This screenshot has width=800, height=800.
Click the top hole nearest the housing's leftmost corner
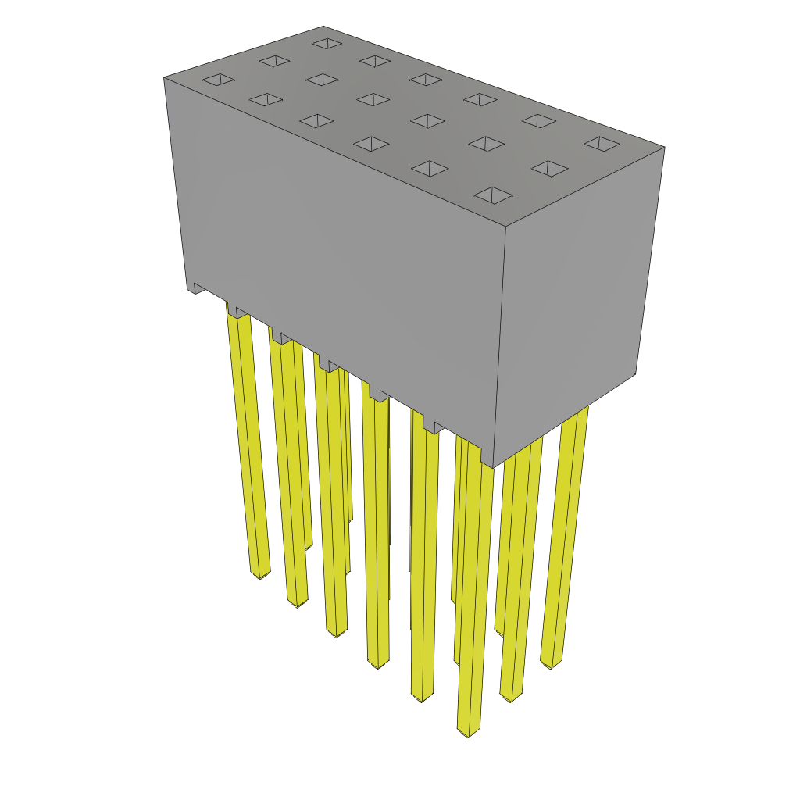point(218,79)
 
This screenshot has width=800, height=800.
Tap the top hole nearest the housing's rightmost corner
point(602,144)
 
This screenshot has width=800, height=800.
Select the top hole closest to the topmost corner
point(327,43)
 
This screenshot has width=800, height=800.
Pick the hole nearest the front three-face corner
point(493,195)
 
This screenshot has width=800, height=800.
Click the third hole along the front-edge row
point(370,144)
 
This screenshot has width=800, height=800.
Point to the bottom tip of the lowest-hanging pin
point(468,733)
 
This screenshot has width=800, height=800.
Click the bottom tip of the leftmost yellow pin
point(259,574)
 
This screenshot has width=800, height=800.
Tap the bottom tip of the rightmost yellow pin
point(551,664)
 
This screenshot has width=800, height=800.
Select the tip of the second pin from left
point(297,602)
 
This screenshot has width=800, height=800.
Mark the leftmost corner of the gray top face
point(165,77)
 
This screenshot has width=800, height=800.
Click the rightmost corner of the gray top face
point(664,147)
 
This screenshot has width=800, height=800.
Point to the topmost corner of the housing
point(324,27)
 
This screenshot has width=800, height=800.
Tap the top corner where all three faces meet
point(505,227)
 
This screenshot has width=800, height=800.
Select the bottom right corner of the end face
point(634,373)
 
